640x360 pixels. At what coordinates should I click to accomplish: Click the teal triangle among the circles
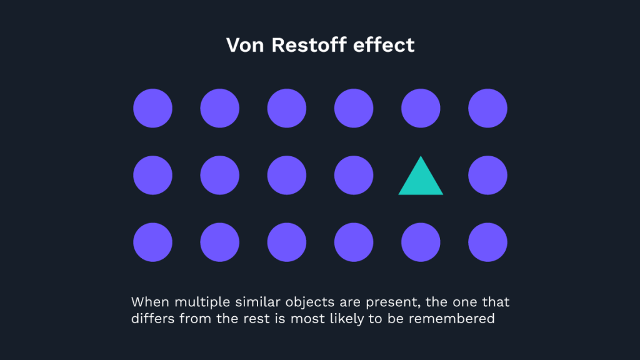pos(421,180)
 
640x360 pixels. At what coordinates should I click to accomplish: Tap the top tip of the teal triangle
pos(421,157)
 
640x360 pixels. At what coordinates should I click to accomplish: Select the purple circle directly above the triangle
pos(421,108)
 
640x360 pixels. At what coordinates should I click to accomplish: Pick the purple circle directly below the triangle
pos(421,242)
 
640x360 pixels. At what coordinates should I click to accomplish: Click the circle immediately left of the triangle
pos(354,175)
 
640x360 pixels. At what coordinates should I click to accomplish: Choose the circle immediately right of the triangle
pos(487,175)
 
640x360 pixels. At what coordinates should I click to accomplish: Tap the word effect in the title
pos(386,46)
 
